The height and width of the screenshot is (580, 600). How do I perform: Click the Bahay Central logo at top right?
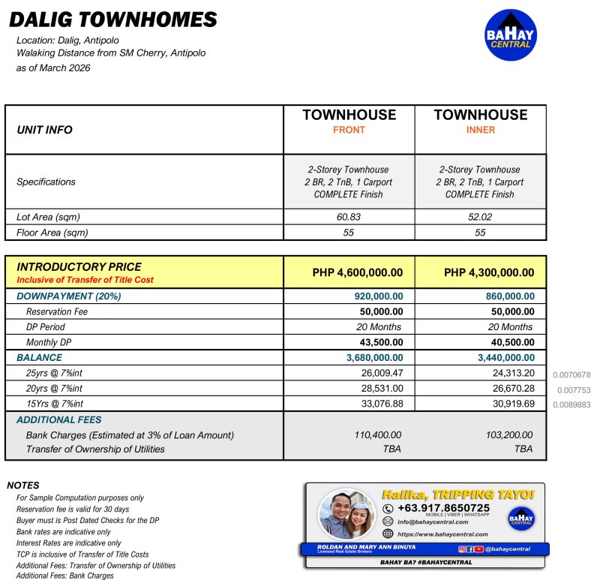[511, 35]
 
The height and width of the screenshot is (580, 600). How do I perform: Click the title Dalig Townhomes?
[113, 20]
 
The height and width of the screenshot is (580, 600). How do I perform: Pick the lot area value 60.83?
[349, 217]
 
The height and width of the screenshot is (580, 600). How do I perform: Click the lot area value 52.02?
[480, 217]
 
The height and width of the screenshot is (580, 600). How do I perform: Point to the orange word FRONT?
[349, 130]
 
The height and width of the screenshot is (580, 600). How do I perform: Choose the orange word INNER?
[480, 130]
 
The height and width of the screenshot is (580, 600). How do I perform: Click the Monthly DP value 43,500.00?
[379, 342]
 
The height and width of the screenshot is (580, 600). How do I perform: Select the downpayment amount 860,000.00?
[510, 296]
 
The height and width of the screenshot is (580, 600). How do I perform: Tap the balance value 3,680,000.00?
[374, 358]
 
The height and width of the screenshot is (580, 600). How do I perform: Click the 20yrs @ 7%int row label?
[54, 389]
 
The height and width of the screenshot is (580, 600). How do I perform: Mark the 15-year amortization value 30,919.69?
[510, 404]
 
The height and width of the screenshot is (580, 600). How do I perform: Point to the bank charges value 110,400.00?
[377, 434]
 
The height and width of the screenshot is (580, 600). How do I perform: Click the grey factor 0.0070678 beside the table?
[571, 374]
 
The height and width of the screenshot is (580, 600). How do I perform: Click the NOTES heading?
[23, 485]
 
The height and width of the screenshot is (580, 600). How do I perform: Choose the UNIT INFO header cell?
[44, 130]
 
